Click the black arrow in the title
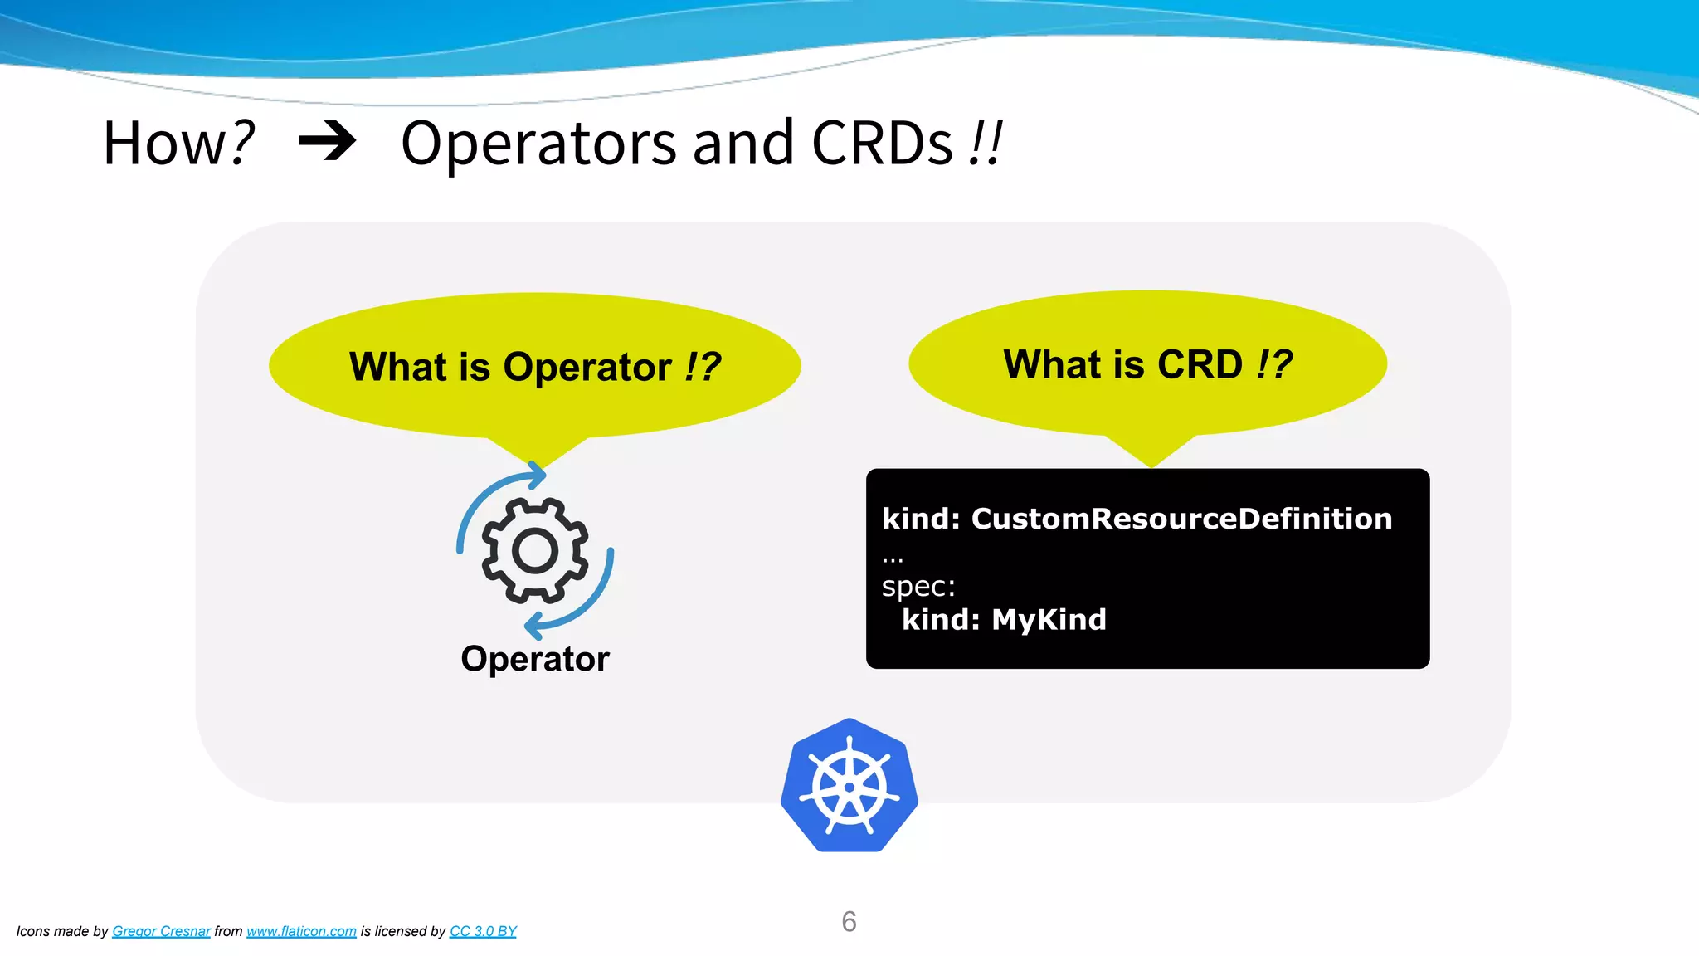pyautogui.click(x=327, y=141)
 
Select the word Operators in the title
pyautogui.click(x=538, y=144)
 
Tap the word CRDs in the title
pyautogui.click(x=882, y=144)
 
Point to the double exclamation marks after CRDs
pyautogui.click(x=986, y=144)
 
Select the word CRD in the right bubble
pyautogui.click(x=1200, y=364)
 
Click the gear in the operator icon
pyautogui.click(x=535, y=550)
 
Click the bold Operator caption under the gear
pyautogui.click(x=535, y=659)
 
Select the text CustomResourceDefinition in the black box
pyautogui.click(x=1181, y=519)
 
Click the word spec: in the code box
pyautogui.click(x=918, y=587)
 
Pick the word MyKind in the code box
pyautogui.click(x=1049, y=620)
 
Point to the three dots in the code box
pyautogui.click(x=893, y=559)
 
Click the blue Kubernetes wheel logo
pyautogui.click(x=849, y=786)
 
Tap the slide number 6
pyautogui.click(x=849, y=921)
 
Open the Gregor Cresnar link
pyautogui.click(x=161, y=931)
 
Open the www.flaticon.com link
pyautogui.click(x=301, y=931)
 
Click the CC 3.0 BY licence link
pyautogui.click(x=483, y=931)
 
